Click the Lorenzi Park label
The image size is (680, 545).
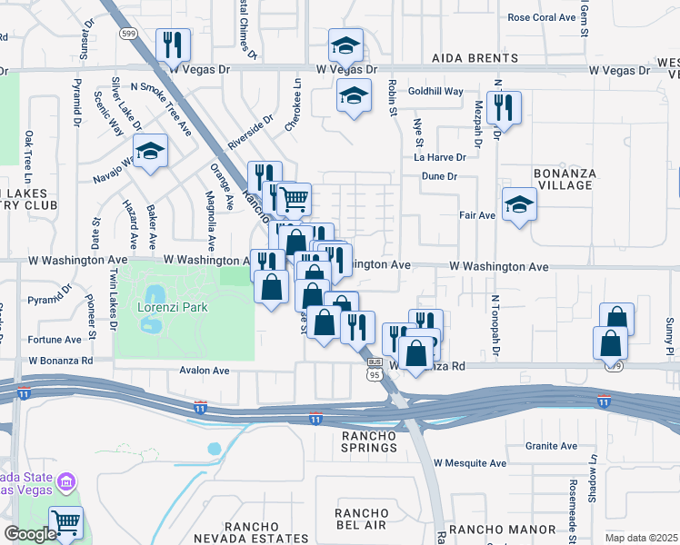point(174,307)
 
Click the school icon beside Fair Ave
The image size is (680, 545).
point(519,203)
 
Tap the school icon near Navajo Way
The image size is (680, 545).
point(150,151)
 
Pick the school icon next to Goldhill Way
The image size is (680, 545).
point(354,95)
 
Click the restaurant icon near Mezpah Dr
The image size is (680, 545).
point(503,107)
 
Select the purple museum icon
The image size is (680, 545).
point(66,480)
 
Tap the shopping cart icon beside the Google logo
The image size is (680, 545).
point(65,522)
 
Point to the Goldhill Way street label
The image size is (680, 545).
point(436,92)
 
